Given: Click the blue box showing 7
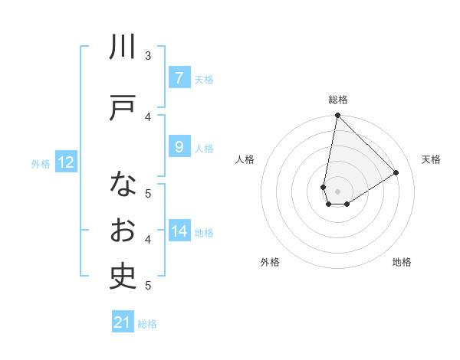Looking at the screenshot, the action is (179, 78).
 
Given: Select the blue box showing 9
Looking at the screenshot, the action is (179, 147).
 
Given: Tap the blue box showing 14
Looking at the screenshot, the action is (179, 231).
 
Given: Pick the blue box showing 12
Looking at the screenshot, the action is (65, 162).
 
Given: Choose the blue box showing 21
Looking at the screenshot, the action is (123, 323).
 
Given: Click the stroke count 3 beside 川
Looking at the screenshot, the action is (148, 55).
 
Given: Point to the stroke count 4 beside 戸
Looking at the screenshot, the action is (148, 116).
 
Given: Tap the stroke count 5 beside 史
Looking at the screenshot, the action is (148, 285).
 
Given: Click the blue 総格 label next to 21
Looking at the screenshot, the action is (147, 324).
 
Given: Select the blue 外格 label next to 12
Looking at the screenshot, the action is (41, 163).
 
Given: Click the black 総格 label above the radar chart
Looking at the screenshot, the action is (338, 100).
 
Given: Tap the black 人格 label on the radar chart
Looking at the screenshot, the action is (245, 159).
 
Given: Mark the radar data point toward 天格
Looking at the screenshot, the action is (396, 173).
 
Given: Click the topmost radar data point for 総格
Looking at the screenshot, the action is (337, 116).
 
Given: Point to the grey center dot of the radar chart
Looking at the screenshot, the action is (337, 191).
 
